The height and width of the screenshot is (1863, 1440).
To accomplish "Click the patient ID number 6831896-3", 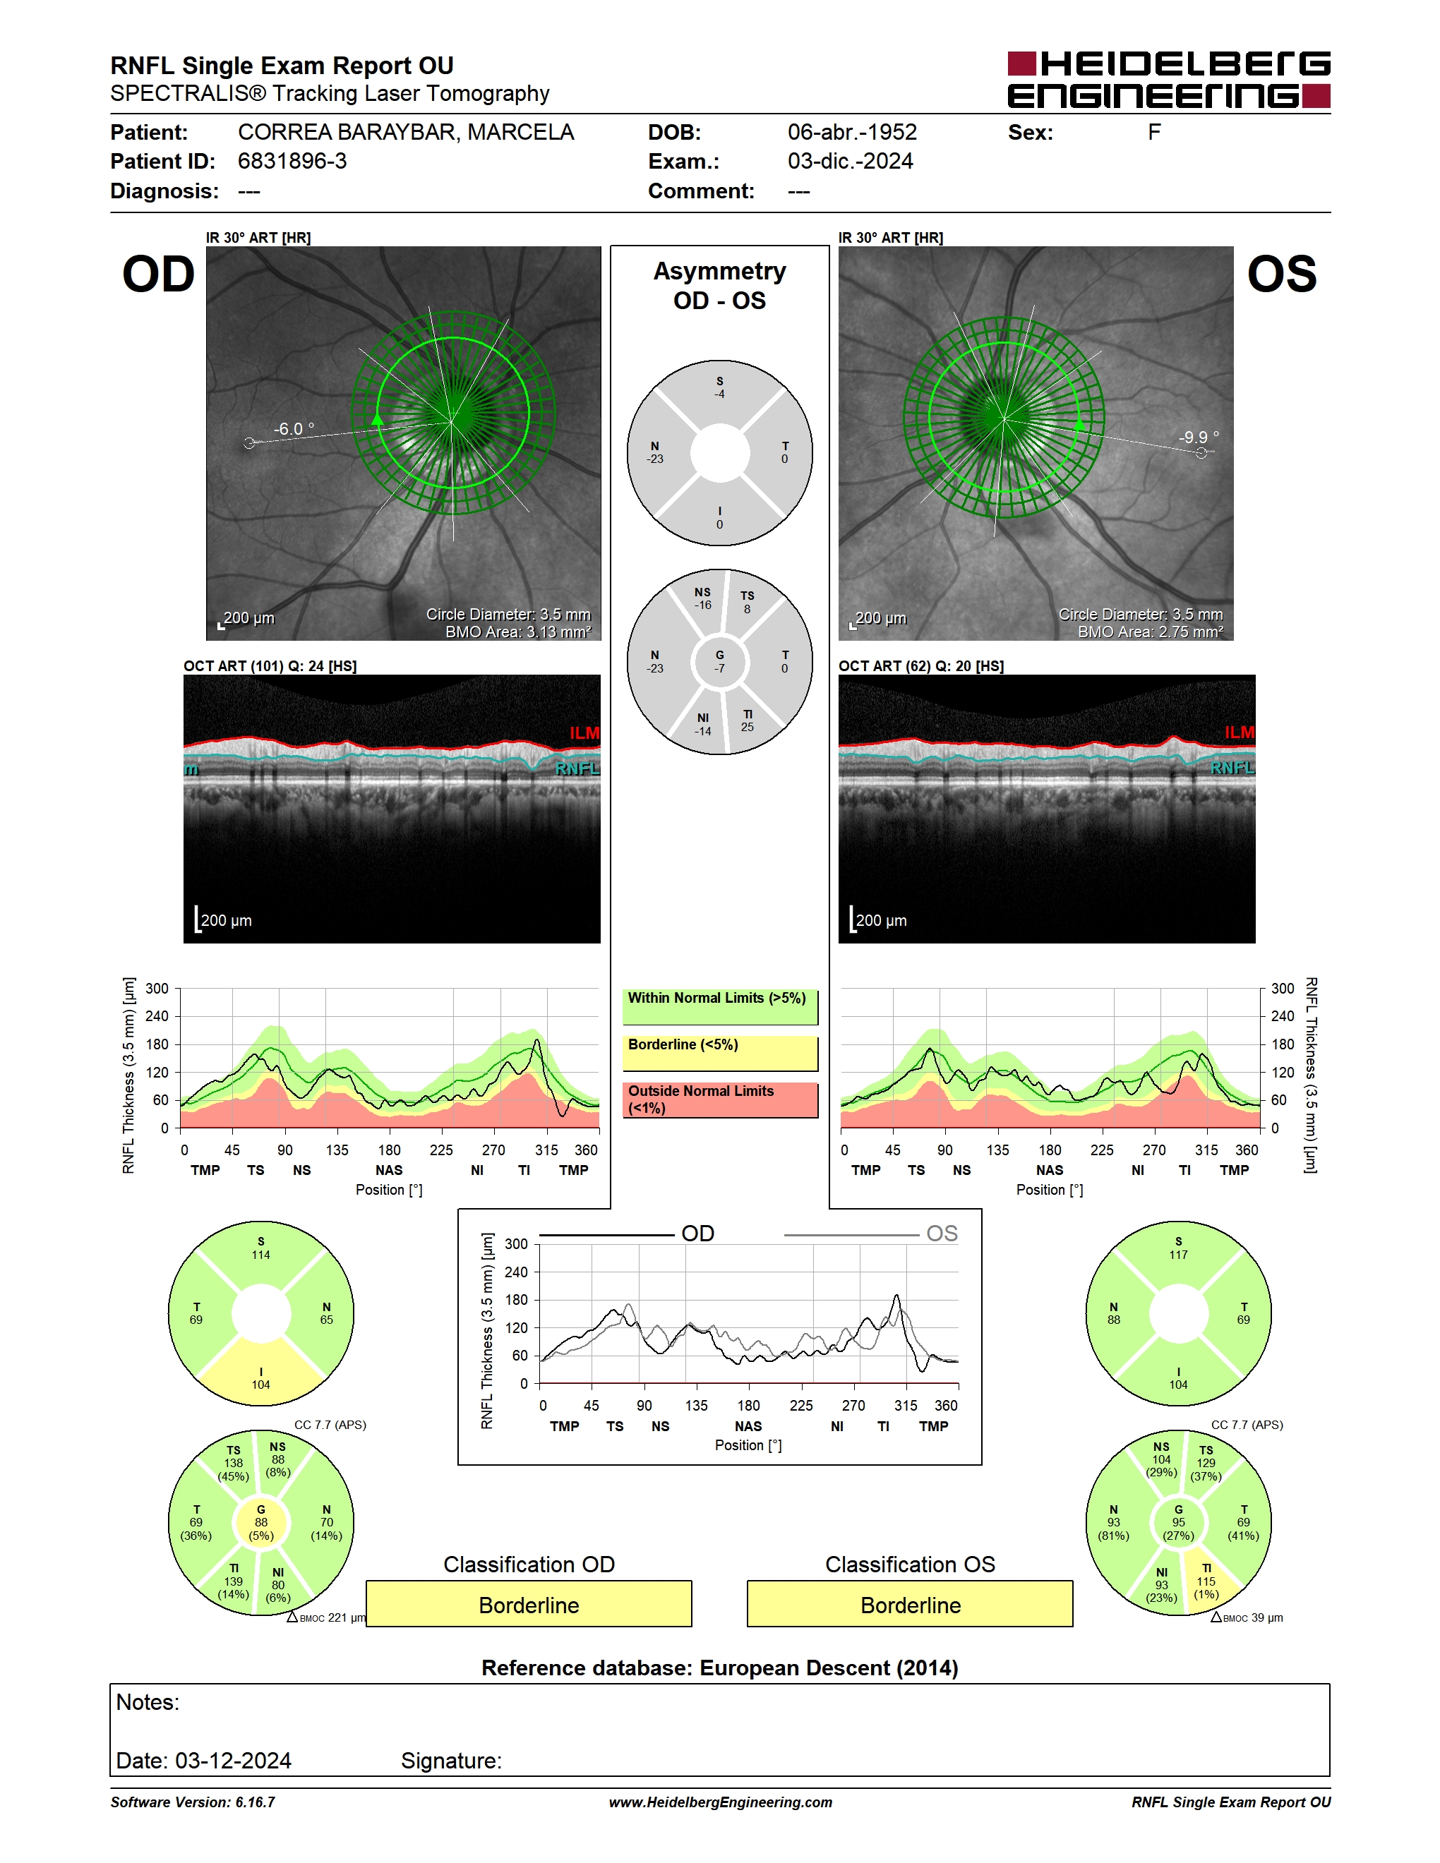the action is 292,161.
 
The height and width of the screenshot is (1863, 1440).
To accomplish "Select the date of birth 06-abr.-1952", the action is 851,132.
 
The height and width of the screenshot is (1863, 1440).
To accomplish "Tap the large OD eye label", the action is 159,275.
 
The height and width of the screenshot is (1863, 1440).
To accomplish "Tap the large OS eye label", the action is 1281,275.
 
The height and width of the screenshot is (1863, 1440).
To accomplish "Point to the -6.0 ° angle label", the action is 294,429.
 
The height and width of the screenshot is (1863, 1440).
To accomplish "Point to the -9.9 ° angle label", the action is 1199,438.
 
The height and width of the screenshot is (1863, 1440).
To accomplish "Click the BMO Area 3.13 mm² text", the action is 518,632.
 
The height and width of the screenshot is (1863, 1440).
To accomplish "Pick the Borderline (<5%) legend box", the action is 720,1054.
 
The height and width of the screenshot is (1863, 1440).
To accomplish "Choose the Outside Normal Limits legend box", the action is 720,1099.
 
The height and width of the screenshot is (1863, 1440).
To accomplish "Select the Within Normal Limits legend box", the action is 720,1006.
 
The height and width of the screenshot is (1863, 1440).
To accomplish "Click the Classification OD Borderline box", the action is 529,1604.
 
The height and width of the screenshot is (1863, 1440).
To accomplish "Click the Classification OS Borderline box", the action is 911,1604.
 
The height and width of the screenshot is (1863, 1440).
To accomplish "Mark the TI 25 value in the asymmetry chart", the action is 748,721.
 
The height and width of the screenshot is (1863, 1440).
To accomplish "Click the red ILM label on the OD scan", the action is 584,732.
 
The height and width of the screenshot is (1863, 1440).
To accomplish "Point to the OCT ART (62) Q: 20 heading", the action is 920,666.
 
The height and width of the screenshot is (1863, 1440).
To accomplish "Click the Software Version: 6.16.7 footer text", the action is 193,1802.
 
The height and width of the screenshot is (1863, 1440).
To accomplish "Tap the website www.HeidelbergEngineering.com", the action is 720,1802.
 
